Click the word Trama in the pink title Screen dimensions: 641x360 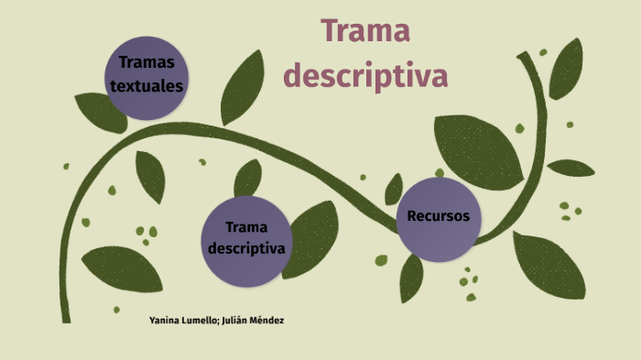point(365,30)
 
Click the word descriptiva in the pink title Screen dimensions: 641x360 point(365,75)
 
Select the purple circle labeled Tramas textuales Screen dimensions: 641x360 point(147,78)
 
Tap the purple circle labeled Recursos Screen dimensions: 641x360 point(439,219)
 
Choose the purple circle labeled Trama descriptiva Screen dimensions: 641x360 point(246,241)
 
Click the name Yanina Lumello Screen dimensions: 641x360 point(183,321)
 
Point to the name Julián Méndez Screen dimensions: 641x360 point(253,321)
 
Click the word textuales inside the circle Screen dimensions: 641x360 point(147,86)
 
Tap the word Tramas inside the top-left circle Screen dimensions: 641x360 point(147,62)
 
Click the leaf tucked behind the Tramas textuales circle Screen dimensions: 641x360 point(98,111)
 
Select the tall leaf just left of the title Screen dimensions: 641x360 point(242,88)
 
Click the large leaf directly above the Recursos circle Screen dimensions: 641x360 point(477,151)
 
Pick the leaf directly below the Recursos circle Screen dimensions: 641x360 point(411,278)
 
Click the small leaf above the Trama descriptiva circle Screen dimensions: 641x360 point(248,179)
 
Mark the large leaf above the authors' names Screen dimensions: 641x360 point(122,268)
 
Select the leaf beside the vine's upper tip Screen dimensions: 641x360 point(566,69)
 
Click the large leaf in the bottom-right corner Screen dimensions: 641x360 point(549,265)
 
